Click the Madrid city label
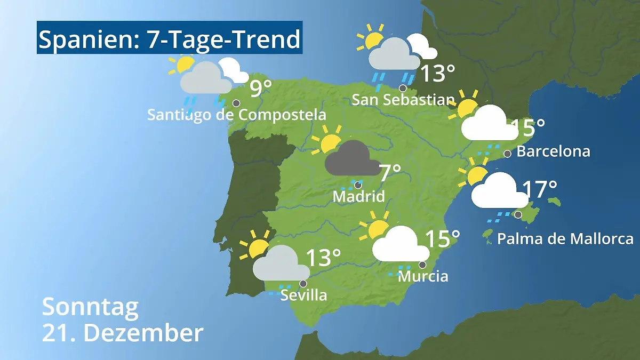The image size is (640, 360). (x=358, y=196)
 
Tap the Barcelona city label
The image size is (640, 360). (x=553, y=151)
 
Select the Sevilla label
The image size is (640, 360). (x=303, y=295)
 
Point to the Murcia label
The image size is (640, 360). (x=423, y=276)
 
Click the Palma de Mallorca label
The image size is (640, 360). (x=565, y=238)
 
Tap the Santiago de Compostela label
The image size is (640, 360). (x=236, y=115)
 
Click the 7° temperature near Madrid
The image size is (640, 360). (x=389, y=173)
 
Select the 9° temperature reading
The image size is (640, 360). (x=261, y=89)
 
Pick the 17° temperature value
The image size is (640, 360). (x=539, y=189)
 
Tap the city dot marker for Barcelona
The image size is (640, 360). (x=507, y=154)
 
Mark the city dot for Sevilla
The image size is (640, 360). (x=303, y=284)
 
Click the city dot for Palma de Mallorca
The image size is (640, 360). (x=518, y=214)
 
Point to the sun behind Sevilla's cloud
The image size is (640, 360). (x=258, y=246)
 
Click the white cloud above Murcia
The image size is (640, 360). (x=401, y=244)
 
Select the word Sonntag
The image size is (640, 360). (x=90, y=307)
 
